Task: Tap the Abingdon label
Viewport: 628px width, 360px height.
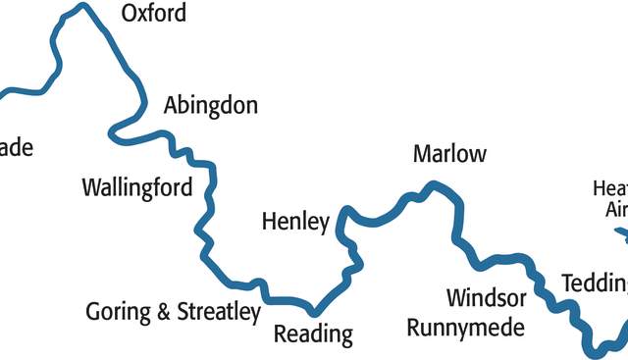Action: pyautogui.click(x=211, y=106)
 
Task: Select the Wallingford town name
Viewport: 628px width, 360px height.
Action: pyautogui.click(x=137, y=187)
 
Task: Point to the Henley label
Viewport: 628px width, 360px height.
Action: pyautogui.click(x=295, y=223)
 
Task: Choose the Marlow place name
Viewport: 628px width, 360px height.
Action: pyautogui.click(x=449, y=154)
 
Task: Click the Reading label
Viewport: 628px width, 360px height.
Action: pyautogui.click(x=313, y=334)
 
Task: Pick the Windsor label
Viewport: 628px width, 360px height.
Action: pyautogui.click(x=487, y=297)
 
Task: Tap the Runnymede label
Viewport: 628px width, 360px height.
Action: pyautogui.click(x=466, y=328)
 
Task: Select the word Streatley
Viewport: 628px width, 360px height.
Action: pyautogui.click(x=219, y=313)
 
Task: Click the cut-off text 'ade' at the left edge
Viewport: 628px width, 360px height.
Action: pyautogui.click(x=16, y=148)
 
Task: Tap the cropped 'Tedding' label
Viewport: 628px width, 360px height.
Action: pyautogui.click(x=595, y=283)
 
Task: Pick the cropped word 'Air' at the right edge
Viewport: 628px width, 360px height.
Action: pyautogui.click(x=615, y=209)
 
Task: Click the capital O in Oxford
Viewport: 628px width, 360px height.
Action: pyautogui.click(x=129, y=14)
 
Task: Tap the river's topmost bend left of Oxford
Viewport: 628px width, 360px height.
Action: pyautogui.click(x=82, y=8)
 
